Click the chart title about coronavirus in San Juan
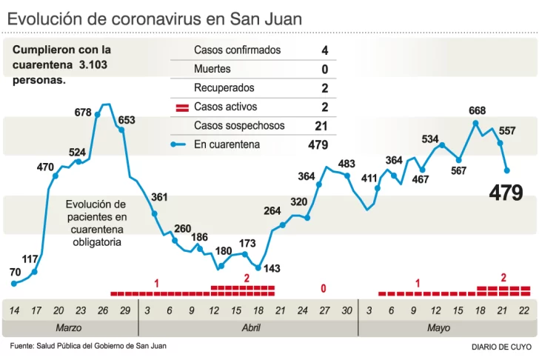(x=155, y=19)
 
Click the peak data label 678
(x=83, y=113)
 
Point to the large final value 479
(x=506, y=193)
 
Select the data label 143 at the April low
(x=272, y=268)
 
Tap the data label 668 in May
(x=478, y=110)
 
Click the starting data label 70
(x=15, y=273)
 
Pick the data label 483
(x=346, y=164)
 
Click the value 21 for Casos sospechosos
(x=321, y=126)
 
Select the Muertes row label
(x=212, y=69)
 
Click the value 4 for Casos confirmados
(x=324, y=50)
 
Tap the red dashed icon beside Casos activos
(x=182, y=107)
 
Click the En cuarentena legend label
(x=227, y=144)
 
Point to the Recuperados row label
(x=224, y=88)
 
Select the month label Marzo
(x=69, y=327)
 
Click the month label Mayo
(x=438, y=327)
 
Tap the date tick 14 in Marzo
(x=15, y=310)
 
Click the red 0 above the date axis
(x=324, y=288)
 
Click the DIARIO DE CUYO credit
(x=501, y=347)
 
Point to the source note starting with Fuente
(x=88, y=346)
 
